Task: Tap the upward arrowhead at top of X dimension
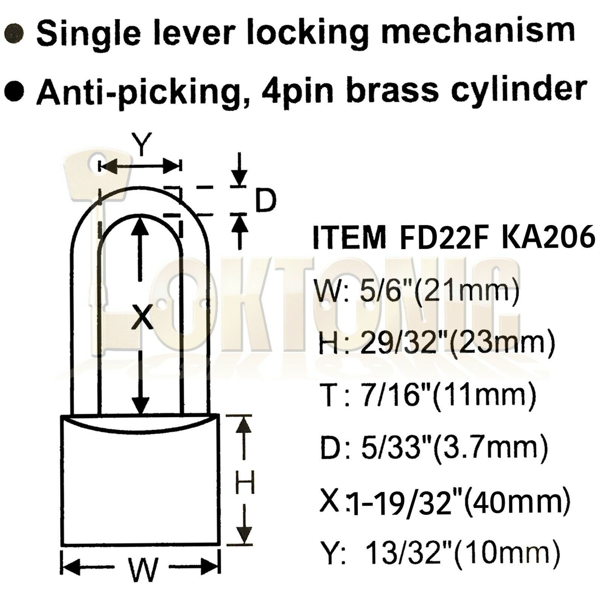(140, 226)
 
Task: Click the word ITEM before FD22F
(349, 238)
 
